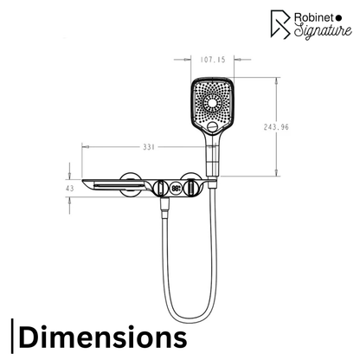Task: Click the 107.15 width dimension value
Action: [213, 60]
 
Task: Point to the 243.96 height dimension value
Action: [276, 127]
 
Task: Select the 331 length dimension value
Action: [149, 147]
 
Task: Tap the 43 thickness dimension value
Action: [70, 189]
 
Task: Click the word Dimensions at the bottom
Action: [103, 337]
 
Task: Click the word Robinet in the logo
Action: [313, 17]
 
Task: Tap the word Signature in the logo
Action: [323, 30]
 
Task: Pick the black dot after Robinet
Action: [339, 18]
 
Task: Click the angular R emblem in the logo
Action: [280, 24]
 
